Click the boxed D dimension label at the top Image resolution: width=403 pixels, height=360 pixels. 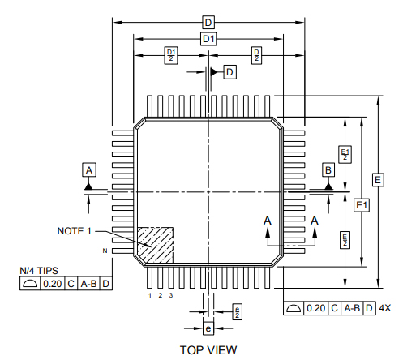tap(208, 22)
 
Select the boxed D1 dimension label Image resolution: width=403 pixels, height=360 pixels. tap(208, 39)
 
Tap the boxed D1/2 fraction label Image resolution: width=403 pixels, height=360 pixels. tap(170, 55)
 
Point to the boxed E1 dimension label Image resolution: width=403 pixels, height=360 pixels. tap(362, 206)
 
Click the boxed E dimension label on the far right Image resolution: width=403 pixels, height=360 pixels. tap(378, 179)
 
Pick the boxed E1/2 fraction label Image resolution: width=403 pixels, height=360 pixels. tap(345, 154)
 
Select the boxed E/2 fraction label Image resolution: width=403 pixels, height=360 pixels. tap(345, 238)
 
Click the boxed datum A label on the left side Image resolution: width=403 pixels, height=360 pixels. tap(89, 169)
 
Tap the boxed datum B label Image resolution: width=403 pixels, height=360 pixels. tap(328, 169)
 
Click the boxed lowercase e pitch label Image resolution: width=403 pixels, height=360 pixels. tap(208, 328)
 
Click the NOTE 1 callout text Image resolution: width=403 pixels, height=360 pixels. tap(74, 231)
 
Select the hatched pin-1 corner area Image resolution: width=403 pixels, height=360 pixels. tap(156, 242)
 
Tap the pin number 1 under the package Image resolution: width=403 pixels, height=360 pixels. tap(150, 295)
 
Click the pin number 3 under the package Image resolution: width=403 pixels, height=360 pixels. tap(171, 295)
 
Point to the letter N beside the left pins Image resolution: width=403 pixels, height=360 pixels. tap(104, 252)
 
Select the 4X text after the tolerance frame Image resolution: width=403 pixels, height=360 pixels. tap(385, 308)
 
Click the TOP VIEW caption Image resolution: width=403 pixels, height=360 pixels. tap(208, 349)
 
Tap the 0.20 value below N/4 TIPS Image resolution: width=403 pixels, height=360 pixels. tap(53, 284)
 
